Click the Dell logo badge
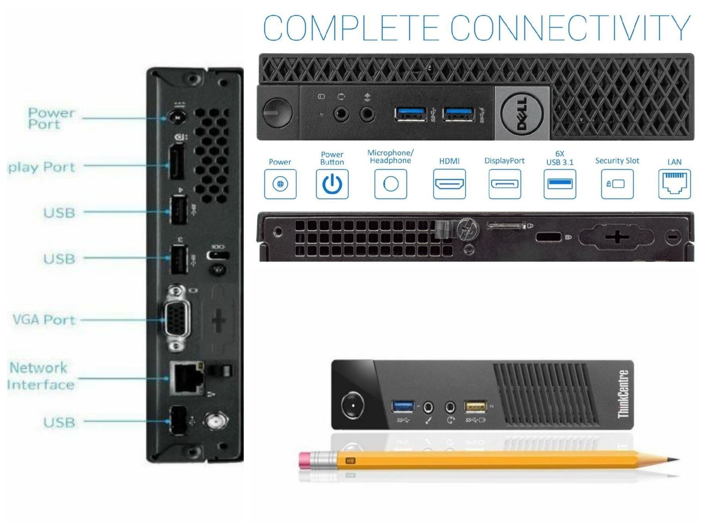522,114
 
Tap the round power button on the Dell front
277,112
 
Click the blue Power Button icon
332,184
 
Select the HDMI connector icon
449,184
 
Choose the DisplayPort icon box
504,184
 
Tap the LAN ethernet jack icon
674,184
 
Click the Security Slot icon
617,184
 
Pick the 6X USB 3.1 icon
560,184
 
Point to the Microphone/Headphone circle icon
390,184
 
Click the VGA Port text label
44,320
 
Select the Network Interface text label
40,376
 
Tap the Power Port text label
51,118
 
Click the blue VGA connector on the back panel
177,320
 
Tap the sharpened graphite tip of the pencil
675,459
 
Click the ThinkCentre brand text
623,394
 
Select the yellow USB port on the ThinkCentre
475,407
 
